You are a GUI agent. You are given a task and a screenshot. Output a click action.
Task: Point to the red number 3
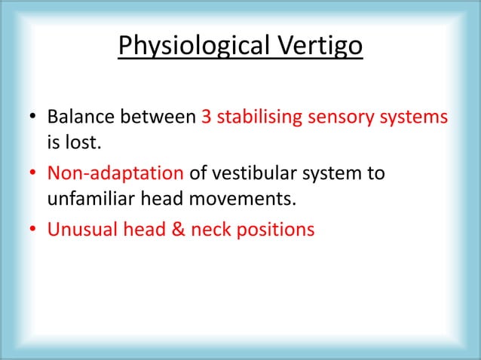point(207,119)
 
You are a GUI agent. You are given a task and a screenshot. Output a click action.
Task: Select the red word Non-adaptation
point(116,174)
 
